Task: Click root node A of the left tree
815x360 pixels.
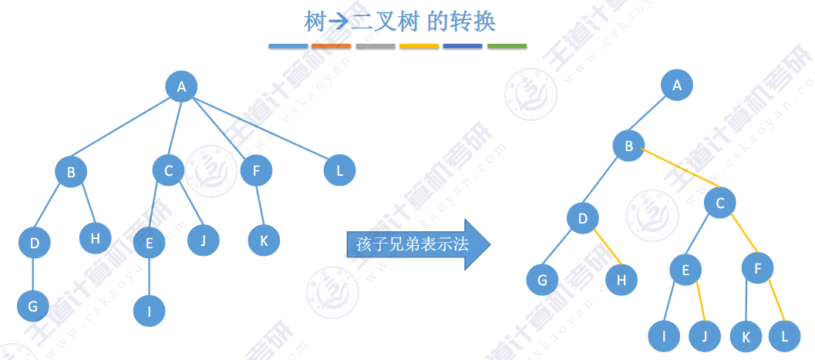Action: click(182, 86)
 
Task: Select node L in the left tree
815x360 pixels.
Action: click(340, 170)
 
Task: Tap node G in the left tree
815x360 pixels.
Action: click(32, 306)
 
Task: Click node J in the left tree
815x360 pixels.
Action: click(204, 240)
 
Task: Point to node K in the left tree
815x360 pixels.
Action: click(264, 240)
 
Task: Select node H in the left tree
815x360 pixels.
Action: click(95, 238)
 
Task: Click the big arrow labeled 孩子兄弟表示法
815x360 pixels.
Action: click(417, 245)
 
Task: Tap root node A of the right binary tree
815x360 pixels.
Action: click(677, 86)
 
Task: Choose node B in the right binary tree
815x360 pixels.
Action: click(628, 146)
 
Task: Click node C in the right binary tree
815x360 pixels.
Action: click(719, 204)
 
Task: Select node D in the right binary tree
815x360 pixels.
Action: click(583, 219)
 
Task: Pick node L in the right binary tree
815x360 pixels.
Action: click(785, 336)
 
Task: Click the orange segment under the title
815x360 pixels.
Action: click(332, 46)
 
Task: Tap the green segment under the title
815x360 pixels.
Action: click(507, 46)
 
